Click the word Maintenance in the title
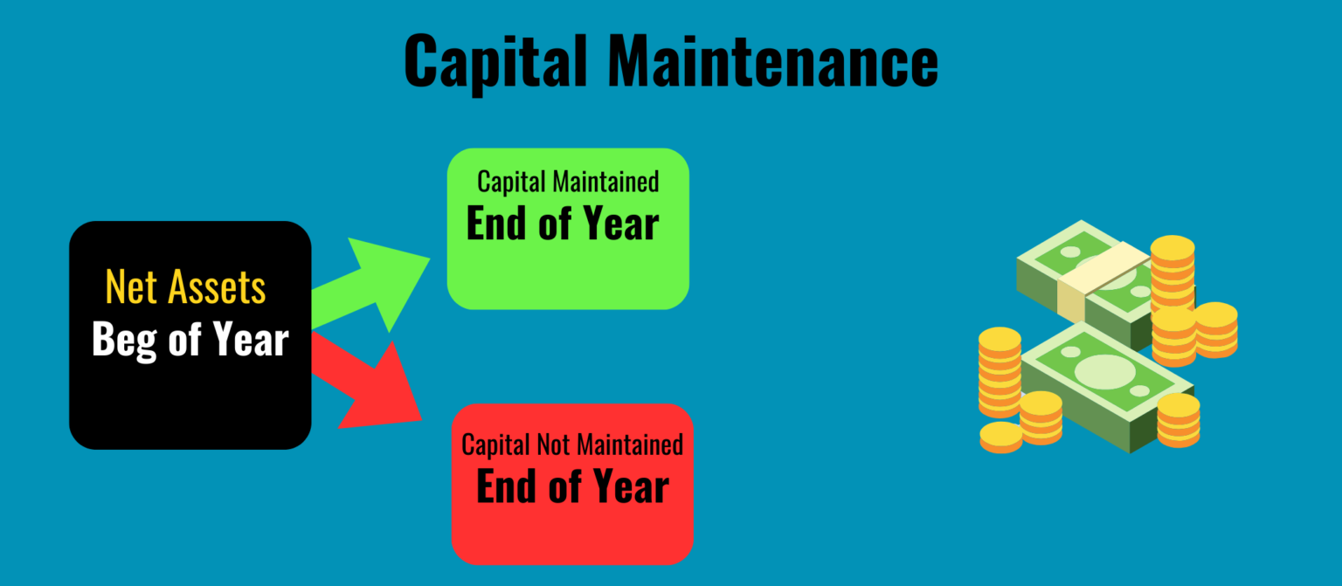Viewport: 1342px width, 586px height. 772,61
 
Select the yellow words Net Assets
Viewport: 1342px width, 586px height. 185,287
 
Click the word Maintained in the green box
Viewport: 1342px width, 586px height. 606,182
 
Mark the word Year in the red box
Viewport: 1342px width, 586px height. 630,486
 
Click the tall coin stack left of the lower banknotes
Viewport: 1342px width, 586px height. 1000,371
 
